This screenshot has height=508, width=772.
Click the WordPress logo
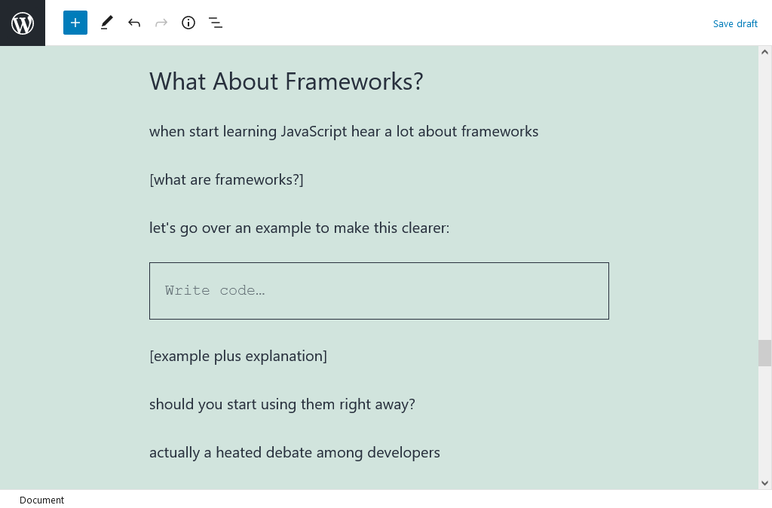(x=23, y=23)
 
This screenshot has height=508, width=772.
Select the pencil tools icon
(x=107, y=23)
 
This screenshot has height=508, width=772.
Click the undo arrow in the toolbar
(x=134, y=23)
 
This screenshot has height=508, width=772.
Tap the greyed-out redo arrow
(x=161, y=23)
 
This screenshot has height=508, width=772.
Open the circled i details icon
(x=188, y=23)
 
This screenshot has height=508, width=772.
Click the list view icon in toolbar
(x=216, y=23)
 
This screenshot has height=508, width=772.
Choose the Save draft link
(x=735, y=23)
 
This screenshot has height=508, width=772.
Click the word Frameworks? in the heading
(x=354, y=81)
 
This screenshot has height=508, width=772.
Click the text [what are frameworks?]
(x=226, y=179)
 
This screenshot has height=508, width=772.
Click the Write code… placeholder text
(x=215, y=290)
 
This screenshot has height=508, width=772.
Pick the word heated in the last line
(x=239, y=452)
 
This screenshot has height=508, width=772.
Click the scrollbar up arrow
(x=764, y=52)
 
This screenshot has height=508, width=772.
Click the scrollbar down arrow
(x=764, y=483)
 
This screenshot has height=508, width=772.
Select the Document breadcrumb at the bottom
(x=42, y=500)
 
